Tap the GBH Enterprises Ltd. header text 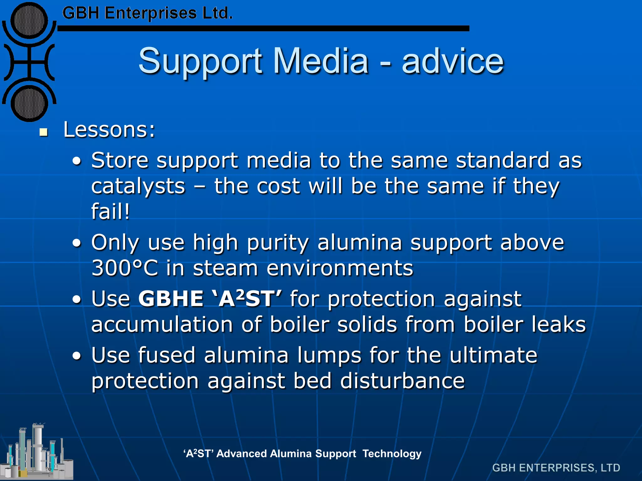tap(147, 13)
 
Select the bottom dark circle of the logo tap(29, 103)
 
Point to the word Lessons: tap(109, 130)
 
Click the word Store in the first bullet tap(120, 160)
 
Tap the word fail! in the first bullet tap(110, 212)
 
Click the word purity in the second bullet tap(278, 243)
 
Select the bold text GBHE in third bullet tap(171, 299)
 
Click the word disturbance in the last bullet tap(402, 381)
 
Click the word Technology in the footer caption tap(392, 453)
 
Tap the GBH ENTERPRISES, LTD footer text tap(556, 468)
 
